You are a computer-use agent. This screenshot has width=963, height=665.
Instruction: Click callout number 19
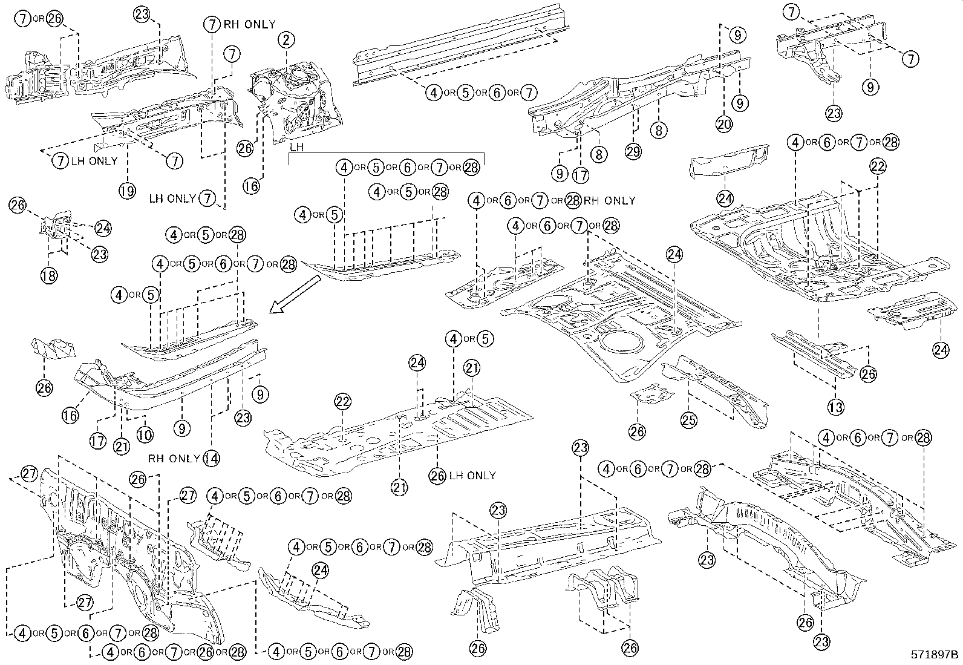[x=126, y=191]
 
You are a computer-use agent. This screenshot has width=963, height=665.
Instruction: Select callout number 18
[x=49, y=275]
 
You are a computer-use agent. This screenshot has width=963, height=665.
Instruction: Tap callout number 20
[x=723, y=124]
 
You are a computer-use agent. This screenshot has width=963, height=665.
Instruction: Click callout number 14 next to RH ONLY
[x=211, y=458]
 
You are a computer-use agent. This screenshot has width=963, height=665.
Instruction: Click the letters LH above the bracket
[x=296, y=147]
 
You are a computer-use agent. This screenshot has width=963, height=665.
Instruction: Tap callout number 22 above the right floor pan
[x=878, y=166]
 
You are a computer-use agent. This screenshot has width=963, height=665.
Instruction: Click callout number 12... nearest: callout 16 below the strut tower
[x=251, y=186]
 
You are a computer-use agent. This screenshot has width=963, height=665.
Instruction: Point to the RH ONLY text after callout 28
[x=610, y=200]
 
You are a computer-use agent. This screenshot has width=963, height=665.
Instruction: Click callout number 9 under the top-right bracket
[x=870, y=87]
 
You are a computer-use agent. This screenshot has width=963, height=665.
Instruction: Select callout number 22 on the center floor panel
[x=343, y=401]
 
